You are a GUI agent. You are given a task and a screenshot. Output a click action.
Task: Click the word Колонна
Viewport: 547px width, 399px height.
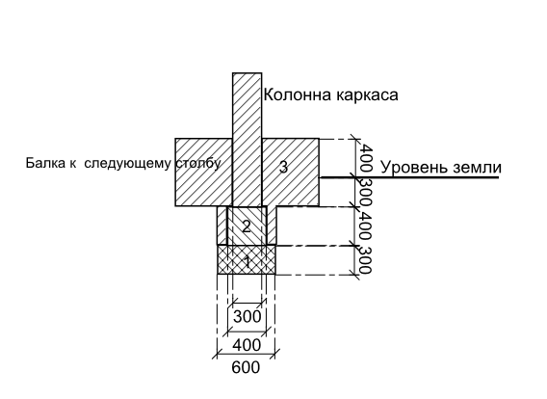298,94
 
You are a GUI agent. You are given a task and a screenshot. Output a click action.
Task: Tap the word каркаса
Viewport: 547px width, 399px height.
367,95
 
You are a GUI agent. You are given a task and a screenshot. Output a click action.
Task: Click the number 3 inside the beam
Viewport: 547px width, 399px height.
284,167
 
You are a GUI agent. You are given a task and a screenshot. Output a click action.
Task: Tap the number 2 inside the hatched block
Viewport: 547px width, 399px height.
247,226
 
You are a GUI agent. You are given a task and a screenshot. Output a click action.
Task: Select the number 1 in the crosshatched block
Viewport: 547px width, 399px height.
247,262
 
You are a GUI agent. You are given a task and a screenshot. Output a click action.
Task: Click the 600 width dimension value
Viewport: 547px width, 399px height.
246,367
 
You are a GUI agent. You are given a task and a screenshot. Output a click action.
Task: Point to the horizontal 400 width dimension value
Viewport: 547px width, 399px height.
247,345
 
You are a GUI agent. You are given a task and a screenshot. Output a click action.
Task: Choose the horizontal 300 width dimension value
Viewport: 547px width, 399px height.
247,317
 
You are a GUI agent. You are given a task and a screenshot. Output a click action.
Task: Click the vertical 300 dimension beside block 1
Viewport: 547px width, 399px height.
365,260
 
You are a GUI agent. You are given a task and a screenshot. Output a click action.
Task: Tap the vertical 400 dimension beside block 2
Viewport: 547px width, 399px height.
365,226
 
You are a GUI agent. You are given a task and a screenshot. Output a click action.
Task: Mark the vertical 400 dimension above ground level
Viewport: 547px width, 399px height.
366,158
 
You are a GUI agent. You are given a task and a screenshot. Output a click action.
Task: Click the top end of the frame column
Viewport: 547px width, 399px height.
247,73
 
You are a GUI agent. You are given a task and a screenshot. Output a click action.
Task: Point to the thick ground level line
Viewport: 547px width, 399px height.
409,177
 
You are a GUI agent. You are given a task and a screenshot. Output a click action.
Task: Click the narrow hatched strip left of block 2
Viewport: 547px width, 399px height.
222,226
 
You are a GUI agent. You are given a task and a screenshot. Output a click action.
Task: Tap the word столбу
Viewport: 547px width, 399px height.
198,163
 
